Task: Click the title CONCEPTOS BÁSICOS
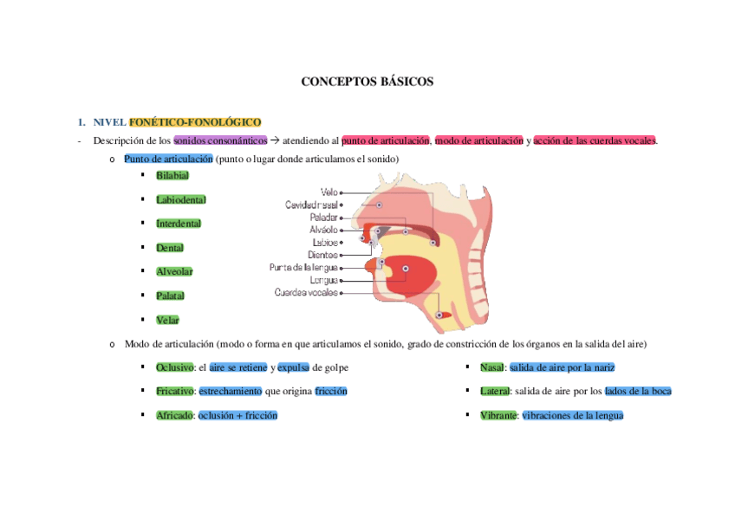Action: click(x=367, y=81)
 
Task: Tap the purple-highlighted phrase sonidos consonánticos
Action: click(x=220, y=140)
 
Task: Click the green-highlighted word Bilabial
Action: click(x=172, y=175)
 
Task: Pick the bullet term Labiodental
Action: click(x=180, y=199)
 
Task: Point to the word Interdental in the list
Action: click(x=178, y=224)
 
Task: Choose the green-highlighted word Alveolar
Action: click(x=174, y=271)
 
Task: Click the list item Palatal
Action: click(x=170, y=296)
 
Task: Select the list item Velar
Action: click(x=167, y=320)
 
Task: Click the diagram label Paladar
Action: click(x=323, y=218)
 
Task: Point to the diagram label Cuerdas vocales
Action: click(x=306, y=293)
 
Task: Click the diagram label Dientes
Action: click(x=322, y=255)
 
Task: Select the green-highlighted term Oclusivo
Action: click(x=174, y=367)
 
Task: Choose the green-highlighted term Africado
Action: click(x=174, y=415)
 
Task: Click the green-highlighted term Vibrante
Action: click(x=498, y=415)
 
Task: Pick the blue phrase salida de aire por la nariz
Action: click(x=562, y=367)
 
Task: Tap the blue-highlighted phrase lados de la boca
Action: click(x=638, y=391)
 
